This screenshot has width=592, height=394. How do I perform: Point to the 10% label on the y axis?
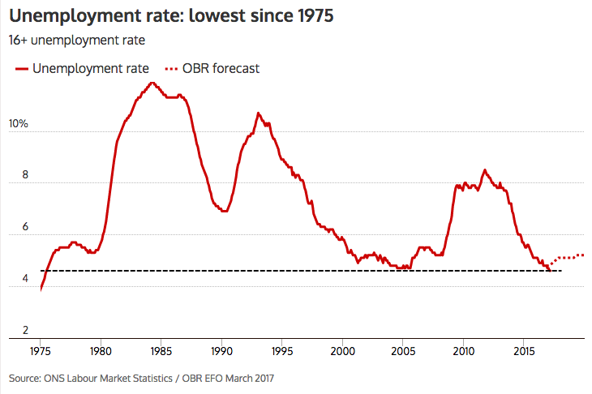pyautogui.click(x=19, y=124)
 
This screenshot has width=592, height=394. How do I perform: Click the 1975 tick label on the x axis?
pyautogui.click(x=41, y=353)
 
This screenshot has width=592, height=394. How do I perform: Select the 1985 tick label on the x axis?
pyautogui.click(x=161, y=353)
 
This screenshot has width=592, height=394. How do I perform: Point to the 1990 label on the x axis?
pyautogui.click(x=221, y=353)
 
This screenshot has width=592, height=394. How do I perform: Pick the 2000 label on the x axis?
pyautogui.click(x=342, y=353)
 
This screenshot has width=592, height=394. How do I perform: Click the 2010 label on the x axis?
pyautogui.click(x=463, y=353)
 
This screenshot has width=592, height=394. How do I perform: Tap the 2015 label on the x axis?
pyautogui.click(x=523, y=353)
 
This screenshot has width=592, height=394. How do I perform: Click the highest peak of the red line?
pyautogui.click(x=152, y=83)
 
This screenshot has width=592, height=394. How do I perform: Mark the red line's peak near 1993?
pyautogui.click(x=258, y=113)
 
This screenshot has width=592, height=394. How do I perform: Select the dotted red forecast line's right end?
pyautogui.click(x=582, y=255)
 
